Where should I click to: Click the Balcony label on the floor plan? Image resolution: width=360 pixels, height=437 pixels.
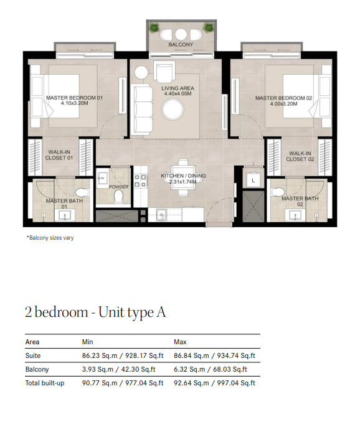181,44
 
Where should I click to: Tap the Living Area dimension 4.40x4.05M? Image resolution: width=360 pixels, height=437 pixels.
178,93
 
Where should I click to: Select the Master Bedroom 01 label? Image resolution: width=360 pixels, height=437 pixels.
75,98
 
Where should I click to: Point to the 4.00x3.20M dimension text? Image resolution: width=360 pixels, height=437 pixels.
283,104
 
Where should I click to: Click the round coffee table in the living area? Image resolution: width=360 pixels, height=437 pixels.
173,110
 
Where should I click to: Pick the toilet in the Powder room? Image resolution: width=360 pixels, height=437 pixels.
118,196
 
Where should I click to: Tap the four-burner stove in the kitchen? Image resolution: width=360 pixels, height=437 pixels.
140,181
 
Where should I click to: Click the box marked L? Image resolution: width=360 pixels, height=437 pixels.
253,181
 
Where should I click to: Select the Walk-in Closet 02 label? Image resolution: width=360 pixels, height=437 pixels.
300,156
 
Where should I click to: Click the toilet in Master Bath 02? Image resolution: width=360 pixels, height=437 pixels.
278,192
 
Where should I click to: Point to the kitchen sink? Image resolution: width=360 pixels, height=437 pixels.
161,215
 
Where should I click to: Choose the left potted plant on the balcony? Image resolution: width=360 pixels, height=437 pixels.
154,27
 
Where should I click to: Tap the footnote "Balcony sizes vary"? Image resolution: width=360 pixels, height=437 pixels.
50,238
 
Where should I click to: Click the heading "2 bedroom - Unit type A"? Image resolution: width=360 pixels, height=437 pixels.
95,312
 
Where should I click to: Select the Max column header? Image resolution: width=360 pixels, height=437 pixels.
180,342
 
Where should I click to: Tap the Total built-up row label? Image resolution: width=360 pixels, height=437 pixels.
45,383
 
